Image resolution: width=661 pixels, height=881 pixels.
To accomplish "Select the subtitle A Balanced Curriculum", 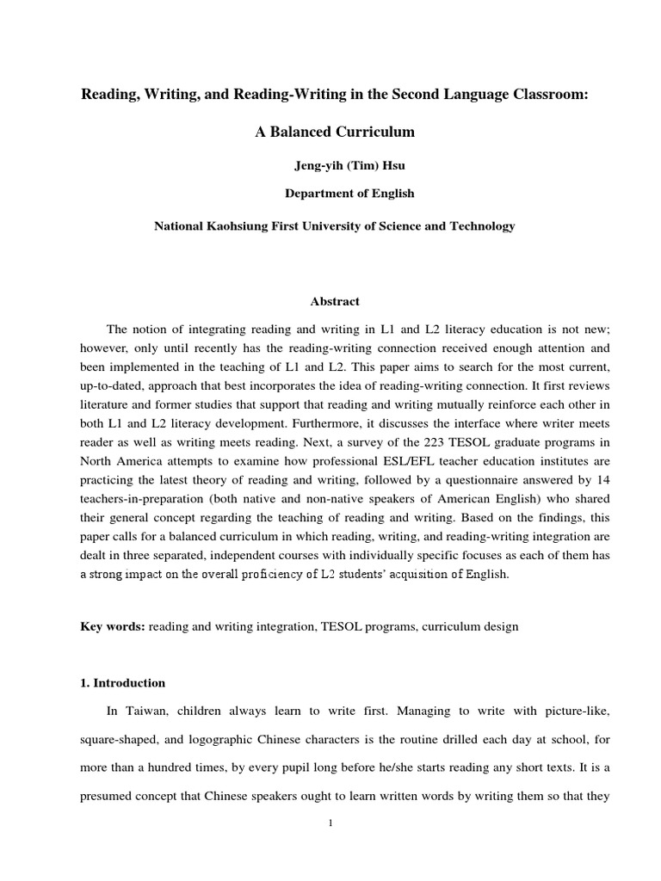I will click(335, 132).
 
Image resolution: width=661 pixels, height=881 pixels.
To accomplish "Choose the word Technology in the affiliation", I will click(480, 226).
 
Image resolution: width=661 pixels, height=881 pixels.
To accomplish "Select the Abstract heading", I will click(335, 302).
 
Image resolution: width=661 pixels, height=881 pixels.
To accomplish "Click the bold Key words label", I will click(113, 627).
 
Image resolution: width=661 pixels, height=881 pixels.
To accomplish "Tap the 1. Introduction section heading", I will click(122, 683).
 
